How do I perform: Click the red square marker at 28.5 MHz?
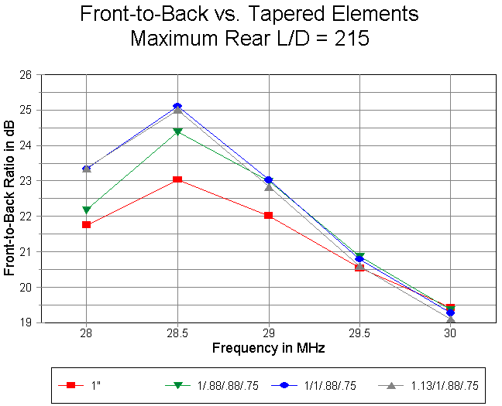click(177, 179)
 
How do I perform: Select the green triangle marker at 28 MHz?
click(87, 210)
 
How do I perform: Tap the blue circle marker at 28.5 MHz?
click(177, 106)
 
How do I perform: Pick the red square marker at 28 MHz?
click(87, 224)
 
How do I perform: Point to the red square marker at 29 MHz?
click(268, 215)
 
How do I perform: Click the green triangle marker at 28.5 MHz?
click(177, 131)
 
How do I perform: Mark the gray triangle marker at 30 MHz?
click(450, 319)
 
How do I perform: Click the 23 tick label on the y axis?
click(26, 181)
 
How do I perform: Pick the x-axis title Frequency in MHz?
click(268, 347)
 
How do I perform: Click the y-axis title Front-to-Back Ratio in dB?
click(10, 199)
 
